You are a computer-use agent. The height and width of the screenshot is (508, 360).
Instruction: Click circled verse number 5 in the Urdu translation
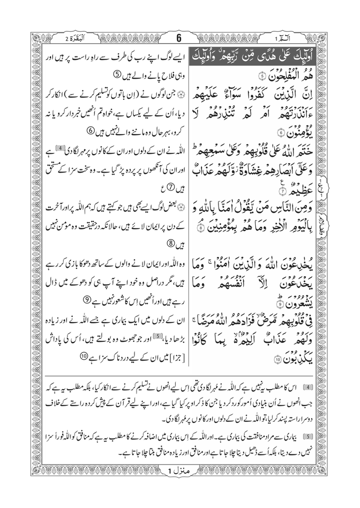tap(117, 75)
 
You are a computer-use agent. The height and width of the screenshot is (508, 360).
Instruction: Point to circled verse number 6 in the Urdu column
tap(91, 131)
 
